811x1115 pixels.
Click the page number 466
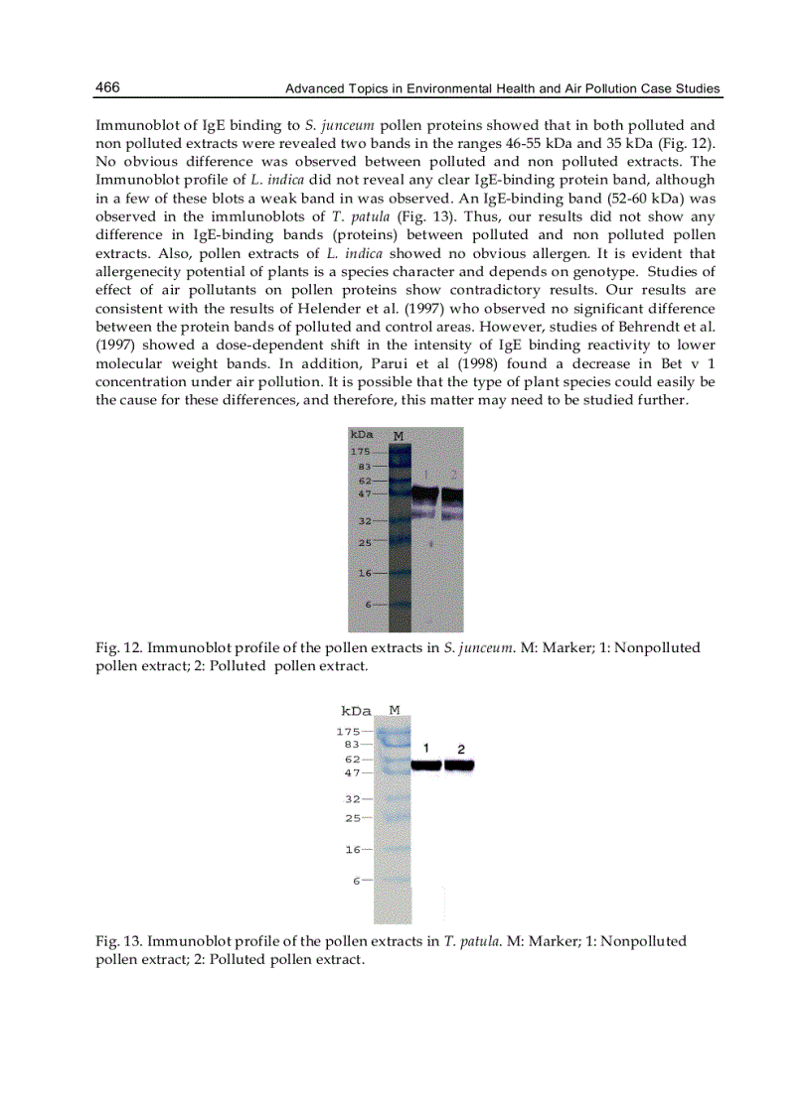point(107,88)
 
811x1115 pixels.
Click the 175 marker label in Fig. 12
point(361,452)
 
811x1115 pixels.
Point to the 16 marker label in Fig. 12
point(364,573)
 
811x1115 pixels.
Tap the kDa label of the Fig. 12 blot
point(362,435)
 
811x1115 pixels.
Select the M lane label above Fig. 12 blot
point(399,435)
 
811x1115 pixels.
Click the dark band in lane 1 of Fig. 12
point(425,493)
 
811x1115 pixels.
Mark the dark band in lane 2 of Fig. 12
point(452,494)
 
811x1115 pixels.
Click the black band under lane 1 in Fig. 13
point(426,766)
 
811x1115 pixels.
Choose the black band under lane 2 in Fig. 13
point(459,766)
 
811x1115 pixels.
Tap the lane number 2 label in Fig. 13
point(460,748)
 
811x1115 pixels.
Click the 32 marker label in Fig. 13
point(353,798)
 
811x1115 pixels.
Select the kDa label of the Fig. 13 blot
point(356,711)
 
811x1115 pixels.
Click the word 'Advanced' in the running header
point(314,89)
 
